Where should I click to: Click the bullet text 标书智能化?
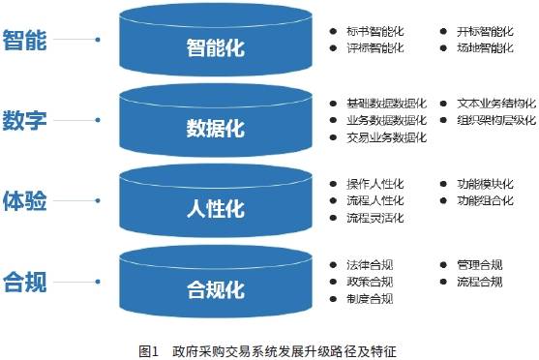374,31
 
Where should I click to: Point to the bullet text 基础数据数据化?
386,103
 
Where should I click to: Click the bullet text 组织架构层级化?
496,120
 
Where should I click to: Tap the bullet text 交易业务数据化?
386,137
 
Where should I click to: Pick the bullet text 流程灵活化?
374,218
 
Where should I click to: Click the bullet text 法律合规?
369,264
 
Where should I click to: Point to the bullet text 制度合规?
369,299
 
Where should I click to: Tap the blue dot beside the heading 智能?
98,41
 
